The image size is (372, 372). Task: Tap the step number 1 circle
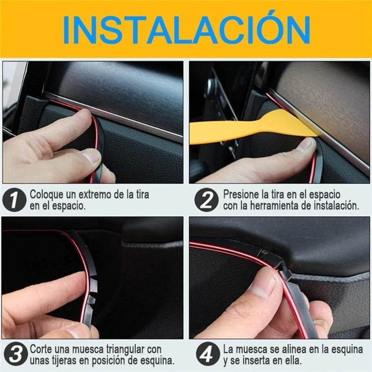coord(14,200)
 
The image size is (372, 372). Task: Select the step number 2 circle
coord(206,200)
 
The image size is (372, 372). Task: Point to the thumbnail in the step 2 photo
coord(307,145)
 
